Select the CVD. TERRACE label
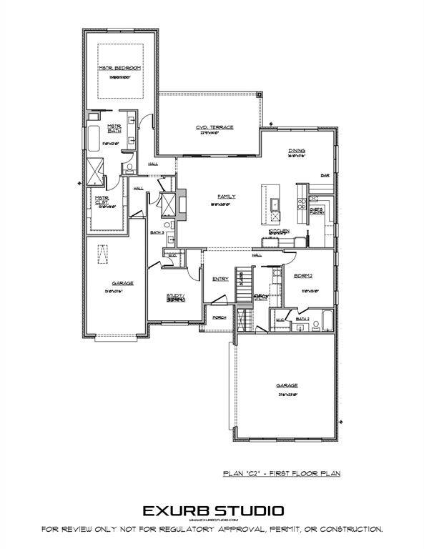(215, 127)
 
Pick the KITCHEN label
(278, 231)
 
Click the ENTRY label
(220, 279)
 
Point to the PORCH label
(219, 317)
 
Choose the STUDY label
(175, 296)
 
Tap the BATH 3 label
(157, 232)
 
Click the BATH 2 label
(302, 318)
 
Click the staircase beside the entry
(245, 286)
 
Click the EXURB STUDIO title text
(212, 510)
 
